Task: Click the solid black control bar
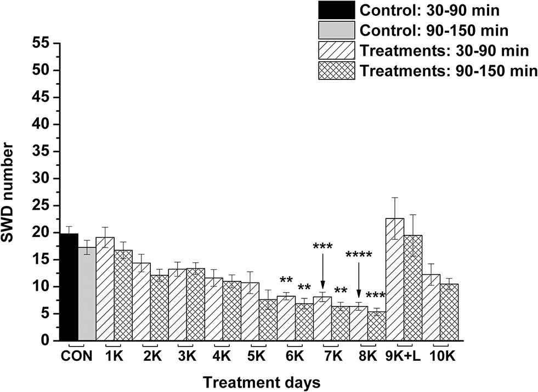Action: [x=69, y=287]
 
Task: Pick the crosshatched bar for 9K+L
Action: [x=413, y=288]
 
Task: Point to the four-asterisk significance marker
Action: [x=359, y=255]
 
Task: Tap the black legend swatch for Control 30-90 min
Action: [x=336, y=10]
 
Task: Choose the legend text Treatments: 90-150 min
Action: [x=448, y=71]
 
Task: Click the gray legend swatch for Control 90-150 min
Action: [x=336, y=31]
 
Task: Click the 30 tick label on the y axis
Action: [x=41, y=178]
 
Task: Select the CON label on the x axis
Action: [x=76, y=357]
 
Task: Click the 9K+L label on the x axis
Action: [x=404, y=357]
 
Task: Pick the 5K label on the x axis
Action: [x=258, y=357]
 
